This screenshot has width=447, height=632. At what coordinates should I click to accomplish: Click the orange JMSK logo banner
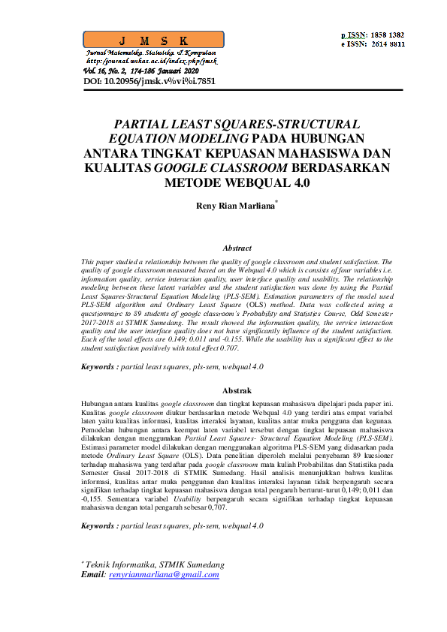150,40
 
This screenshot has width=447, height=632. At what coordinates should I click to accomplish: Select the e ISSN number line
373,44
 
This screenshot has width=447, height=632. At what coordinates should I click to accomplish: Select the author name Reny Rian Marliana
236,204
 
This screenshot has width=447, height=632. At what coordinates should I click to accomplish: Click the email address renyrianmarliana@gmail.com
164,575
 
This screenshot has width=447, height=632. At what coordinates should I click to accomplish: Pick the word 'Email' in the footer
93,575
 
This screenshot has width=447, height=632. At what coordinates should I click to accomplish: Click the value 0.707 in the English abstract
252,348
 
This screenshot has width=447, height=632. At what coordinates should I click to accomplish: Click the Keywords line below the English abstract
172,366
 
